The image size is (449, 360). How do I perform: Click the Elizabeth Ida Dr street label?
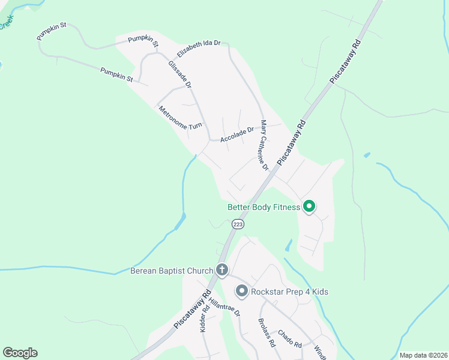199,46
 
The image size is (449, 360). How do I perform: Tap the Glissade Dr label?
179,74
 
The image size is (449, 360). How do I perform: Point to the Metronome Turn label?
180,118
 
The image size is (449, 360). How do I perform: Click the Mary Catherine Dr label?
264,145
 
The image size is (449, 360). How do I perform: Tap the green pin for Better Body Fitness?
309,206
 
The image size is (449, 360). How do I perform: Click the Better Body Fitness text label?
264,208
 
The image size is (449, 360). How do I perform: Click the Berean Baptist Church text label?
172,271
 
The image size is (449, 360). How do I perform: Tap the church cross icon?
221,270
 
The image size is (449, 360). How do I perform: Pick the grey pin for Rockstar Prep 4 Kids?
242,292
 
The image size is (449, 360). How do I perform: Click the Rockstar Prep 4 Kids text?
289,292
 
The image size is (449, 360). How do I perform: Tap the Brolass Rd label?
266,335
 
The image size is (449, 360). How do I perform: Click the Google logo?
20,353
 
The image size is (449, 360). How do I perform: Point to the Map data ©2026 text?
423,355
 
